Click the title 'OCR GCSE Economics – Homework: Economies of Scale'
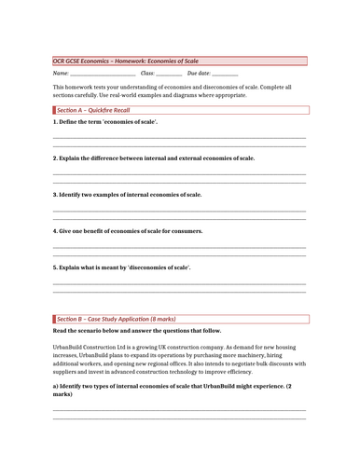[x=125, y=61]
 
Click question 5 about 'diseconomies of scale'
[x=122, y=267]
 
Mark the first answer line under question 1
[x=179, y=138]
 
